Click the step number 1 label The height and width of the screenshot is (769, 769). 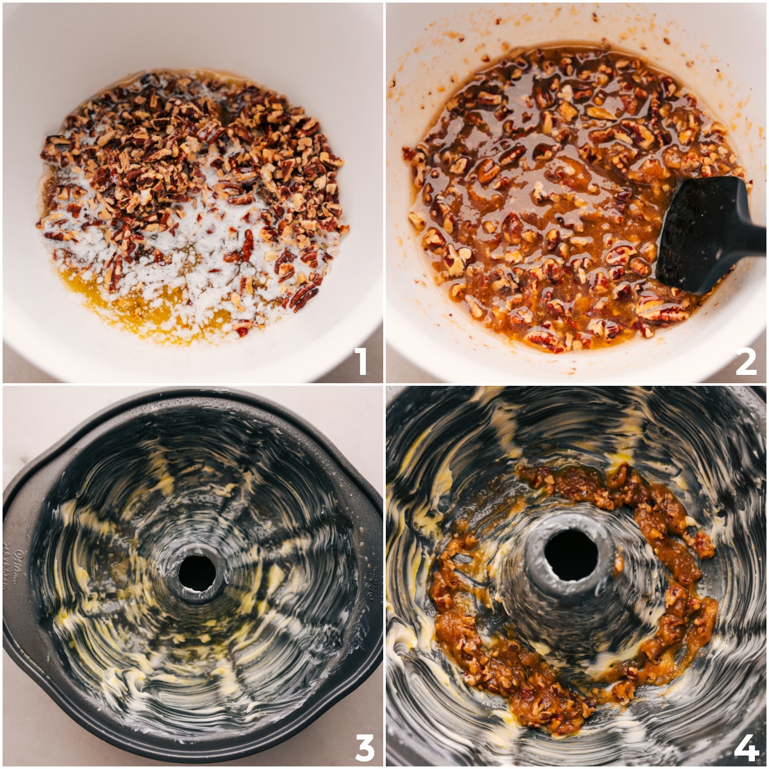pos(361,361)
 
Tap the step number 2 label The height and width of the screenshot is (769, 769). pos(745,361)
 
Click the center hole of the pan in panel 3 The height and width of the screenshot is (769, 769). pos(197,572)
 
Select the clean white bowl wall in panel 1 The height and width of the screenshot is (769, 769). pos(192,38)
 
